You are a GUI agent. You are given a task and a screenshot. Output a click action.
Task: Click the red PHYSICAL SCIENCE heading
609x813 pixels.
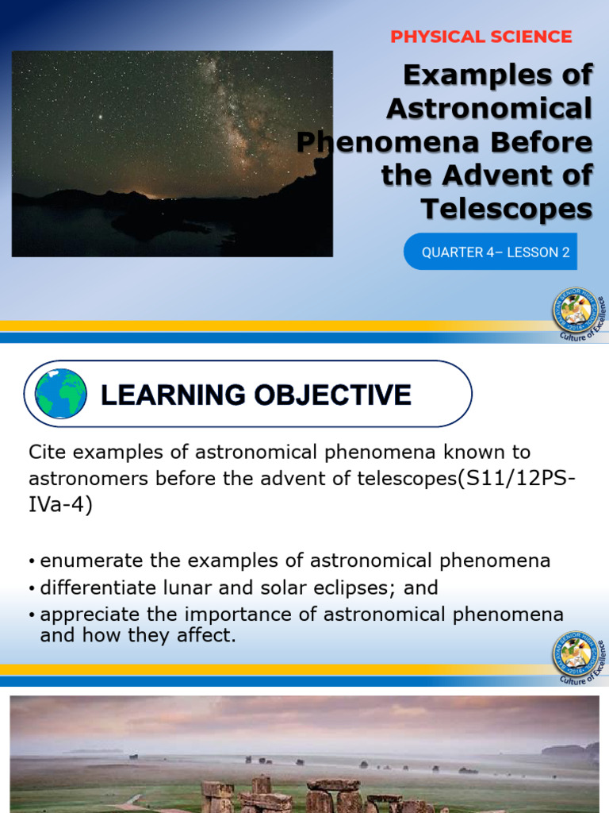click(481, 37)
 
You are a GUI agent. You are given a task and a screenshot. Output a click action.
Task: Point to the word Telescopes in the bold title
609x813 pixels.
click(506, 209)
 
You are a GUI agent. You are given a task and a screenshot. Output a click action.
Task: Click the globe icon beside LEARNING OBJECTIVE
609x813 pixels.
click(61, 394)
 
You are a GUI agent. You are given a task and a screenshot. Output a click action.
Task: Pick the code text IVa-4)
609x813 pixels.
click(60, 505)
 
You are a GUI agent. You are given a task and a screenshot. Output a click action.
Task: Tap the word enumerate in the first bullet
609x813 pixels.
click(85, 561)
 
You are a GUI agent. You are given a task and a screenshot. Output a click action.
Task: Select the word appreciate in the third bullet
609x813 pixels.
click(87, 615)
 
